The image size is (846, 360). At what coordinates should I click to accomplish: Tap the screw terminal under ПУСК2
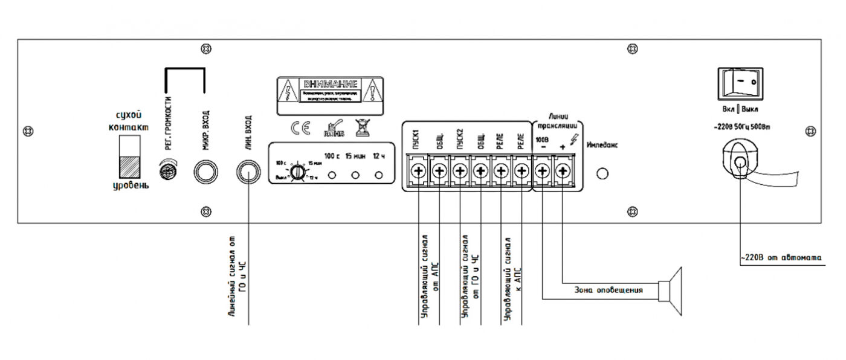coord(459,172)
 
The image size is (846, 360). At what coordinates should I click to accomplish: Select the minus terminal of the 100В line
coord(543,172)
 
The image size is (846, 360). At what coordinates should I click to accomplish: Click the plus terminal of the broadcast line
coord(563,172)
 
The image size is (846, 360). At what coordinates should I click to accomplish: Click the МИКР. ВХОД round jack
coord(205,172)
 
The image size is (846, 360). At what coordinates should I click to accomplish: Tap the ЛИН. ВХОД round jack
coord(248,172)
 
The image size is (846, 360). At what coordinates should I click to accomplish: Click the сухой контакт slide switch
coord(131,156)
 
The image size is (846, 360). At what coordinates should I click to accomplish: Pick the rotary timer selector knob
coord(296,172)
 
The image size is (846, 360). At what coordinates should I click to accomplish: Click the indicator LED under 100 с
coord(332,175)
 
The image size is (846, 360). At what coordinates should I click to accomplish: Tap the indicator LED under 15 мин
coord(356,175)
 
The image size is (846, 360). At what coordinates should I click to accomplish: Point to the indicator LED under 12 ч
coord(379,175)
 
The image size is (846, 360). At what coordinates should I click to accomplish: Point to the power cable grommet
coord(740,161)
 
